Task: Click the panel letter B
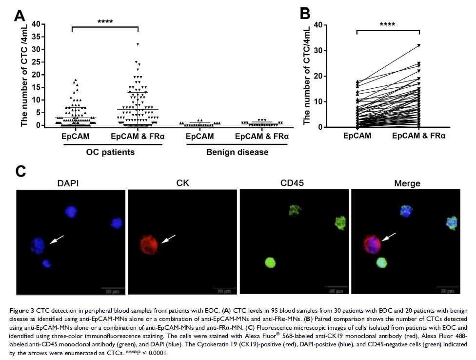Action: (x=305, y=13)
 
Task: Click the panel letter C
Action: (x=20, y=171)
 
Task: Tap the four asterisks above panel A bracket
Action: (x=105, y=22)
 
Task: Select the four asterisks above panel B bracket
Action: (x=388, y=24)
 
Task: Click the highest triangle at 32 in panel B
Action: (x=418, y=45)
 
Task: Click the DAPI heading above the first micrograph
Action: (x=68, y=183)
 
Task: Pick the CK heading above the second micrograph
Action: (x=181, y=183)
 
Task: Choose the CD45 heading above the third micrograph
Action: (x=294, y=183)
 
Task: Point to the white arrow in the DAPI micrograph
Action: (x=58, y=238)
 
